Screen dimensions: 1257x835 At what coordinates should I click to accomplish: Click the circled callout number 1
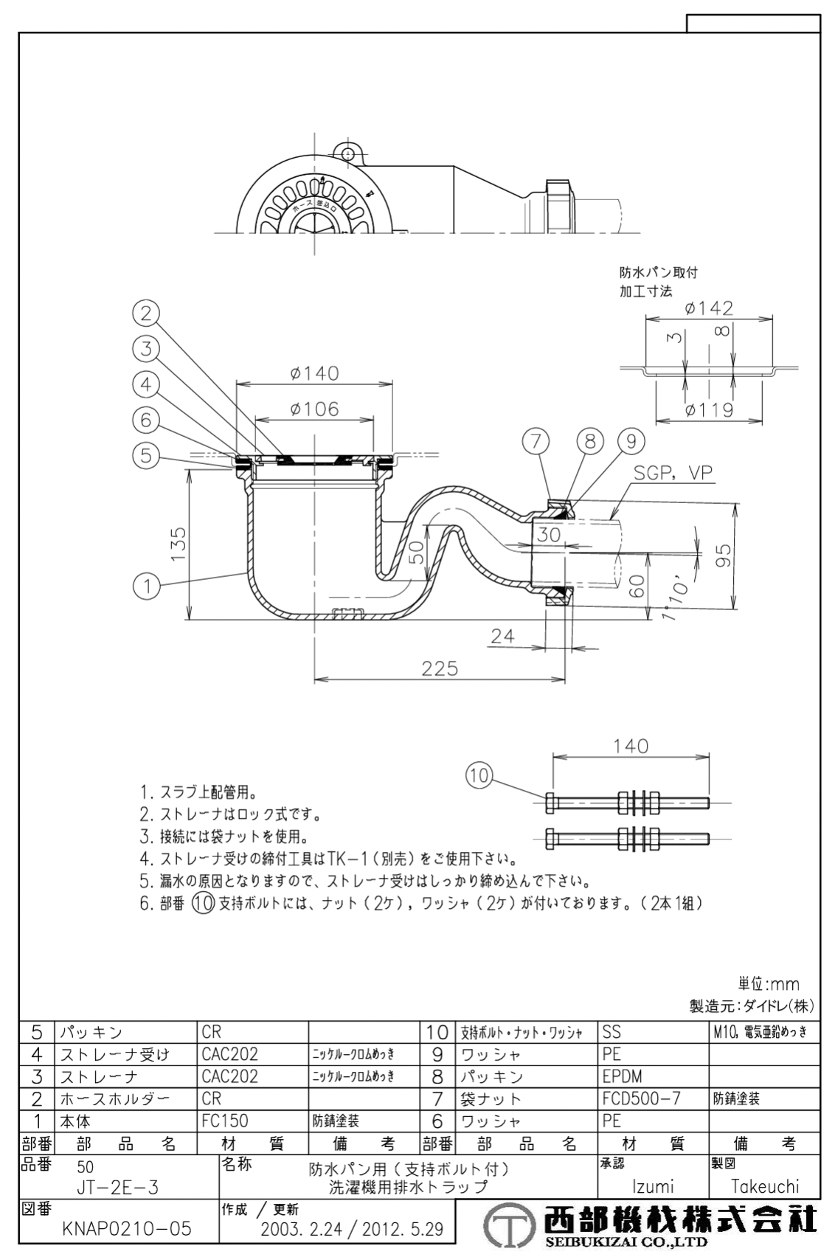click(x=146, y=586)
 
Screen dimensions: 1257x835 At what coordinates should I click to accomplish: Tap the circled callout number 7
click(x=536, y=442)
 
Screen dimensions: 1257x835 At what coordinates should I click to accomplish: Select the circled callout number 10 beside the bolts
click(x=479, y=775)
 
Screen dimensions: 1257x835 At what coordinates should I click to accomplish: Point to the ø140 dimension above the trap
click(x=314, y=373)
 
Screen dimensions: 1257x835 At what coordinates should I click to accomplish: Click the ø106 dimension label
click(x=314, y=409)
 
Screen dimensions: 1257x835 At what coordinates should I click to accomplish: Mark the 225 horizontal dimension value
click(x=440, y=668)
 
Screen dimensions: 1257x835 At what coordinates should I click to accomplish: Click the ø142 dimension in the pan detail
click(x=709, y=308)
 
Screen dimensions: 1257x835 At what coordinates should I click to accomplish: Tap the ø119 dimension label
click(x=708, y=410)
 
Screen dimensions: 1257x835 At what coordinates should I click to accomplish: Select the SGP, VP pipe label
click(x=673, y=473)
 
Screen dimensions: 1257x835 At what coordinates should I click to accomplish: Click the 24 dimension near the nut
click(x=502, y=635)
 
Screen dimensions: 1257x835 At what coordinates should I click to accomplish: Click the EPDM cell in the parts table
click(x=623, y=1076)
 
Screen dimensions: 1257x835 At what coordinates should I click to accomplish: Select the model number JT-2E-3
click(x=117, y=1187)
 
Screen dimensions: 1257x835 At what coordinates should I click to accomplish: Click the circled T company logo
click(x=508, y=1227)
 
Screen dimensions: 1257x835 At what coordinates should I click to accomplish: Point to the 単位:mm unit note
click(x=769, y=984)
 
